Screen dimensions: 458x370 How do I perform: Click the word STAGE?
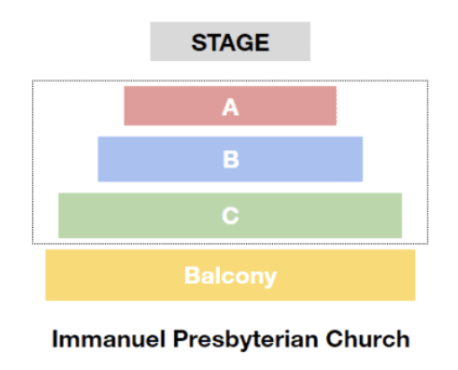tap(230, 42)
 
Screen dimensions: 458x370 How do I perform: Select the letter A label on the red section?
tap(230, 107)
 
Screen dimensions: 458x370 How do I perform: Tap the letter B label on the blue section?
tap(231, 159)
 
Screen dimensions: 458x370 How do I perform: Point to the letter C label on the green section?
tap(231, 216)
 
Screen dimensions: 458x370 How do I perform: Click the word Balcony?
tap(230, 276)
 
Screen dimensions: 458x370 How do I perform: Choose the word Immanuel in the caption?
tap(109, 339)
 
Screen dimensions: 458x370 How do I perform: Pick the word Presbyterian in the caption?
tap(245, 340)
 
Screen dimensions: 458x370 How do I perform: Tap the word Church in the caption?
tap(367, 339)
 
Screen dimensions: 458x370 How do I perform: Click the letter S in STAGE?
tap(199, 42)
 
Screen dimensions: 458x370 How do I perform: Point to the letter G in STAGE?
tap(244, 42)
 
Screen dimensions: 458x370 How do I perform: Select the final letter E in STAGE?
tap(262, 42)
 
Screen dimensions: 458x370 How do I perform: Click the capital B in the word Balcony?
tap(191, 276)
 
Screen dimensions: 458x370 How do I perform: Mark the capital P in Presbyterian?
tap(181, 339)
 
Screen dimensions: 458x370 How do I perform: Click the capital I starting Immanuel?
tap(55, 339)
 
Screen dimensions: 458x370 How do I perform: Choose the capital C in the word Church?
tap(334, 339)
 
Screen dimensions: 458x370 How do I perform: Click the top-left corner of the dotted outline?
tap(33, 81)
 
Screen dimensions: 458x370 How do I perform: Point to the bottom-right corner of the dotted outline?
tap(427, 243)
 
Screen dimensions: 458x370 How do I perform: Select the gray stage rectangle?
tap(230, 41)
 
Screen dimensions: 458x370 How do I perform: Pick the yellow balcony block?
tap(230, 275)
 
